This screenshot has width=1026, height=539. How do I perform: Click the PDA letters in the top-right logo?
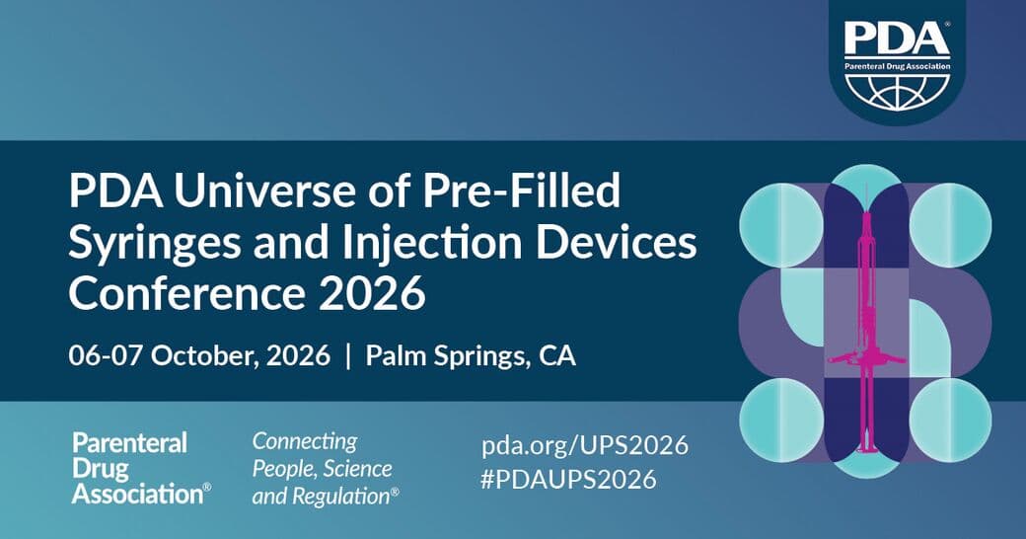pyautogui.click(x=897, y=39)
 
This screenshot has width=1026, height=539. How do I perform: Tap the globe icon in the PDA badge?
pyautogui.click(x=897, y=91)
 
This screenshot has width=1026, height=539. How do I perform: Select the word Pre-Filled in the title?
pyautogui.click(x=521, y=191)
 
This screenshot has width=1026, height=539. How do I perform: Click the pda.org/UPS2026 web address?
pyautogui.click(x=585, y=446)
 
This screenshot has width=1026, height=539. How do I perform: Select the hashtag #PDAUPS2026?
pyautogui.click(x=568, y=480)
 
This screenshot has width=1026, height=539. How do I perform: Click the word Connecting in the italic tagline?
pyautogui.click(x=305, y=442)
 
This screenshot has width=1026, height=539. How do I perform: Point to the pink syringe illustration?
pyautogui.click(x=866, y=319)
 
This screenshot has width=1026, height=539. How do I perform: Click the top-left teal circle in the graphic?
pyautogui.click(x=781, y=225)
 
